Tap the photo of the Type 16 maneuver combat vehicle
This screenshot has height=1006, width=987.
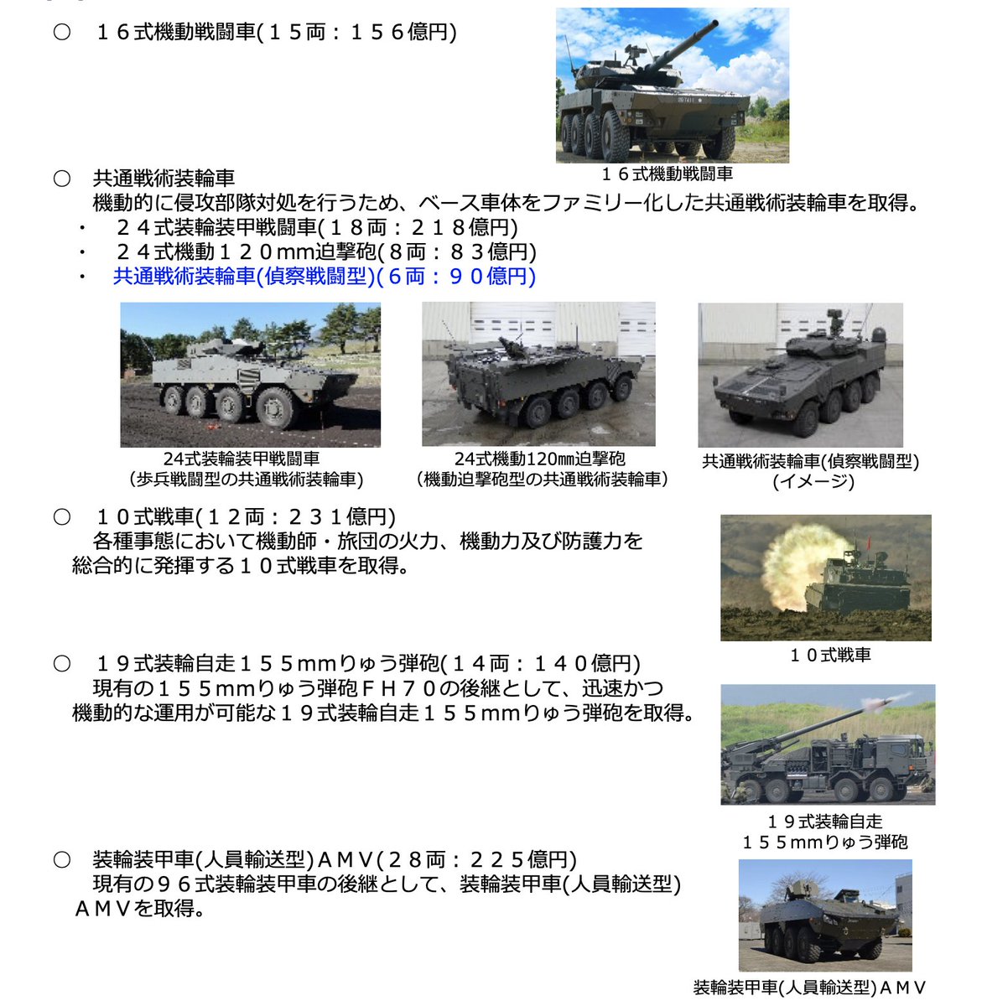(x=672, y=86)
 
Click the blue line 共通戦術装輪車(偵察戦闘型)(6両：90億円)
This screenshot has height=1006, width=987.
(x=324, y=277)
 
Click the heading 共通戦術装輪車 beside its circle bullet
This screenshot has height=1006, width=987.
(x=164, y=179)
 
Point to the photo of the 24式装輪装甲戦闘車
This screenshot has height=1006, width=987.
(x=250, y=375)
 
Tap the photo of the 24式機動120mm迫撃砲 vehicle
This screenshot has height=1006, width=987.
(x=538, y=375)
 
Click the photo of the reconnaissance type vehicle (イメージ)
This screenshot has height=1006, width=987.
(x=800, y=375)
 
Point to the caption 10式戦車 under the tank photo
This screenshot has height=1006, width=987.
(x=829, y=656)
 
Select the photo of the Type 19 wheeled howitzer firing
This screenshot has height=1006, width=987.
(x=827, y=744)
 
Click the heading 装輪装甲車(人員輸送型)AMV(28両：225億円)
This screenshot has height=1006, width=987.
(x=335, y=860)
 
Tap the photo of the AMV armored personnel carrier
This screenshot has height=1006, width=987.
(x=824, y=915)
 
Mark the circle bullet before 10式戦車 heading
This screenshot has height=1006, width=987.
(x=61, y=517)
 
